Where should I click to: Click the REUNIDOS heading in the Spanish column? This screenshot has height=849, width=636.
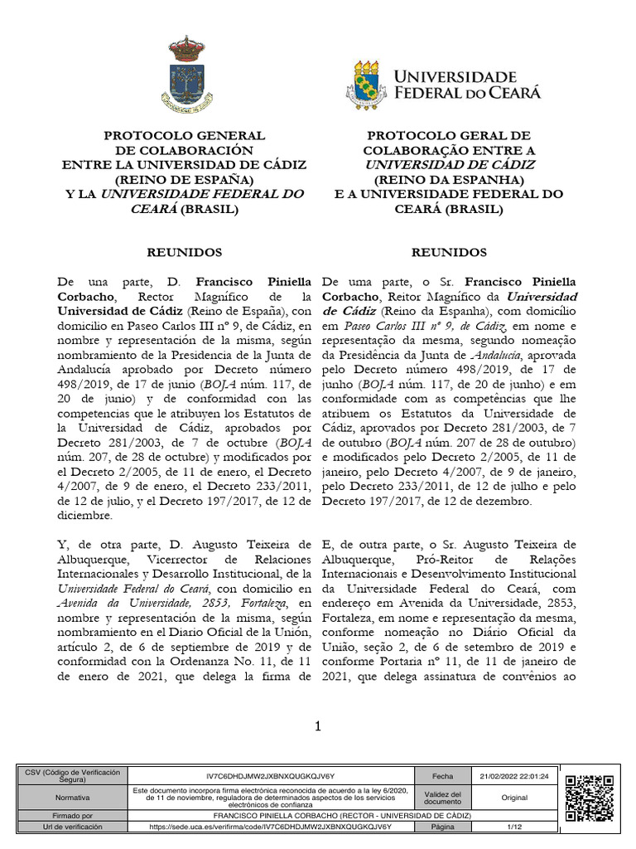click(185, 252)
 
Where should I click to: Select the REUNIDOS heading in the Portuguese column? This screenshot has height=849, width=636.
click(449, 252)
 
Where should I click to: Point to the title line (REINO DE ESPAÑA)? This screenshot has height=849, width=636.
click(185, 179)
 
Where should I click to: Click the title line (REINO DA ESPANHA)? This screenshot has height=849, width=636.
click(449, 179)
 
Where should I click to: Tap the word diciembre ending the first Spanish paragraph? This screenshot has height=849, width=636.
click(85, 516)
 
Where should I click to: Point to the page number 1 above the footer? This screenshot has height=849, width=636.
click(316, 727)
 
